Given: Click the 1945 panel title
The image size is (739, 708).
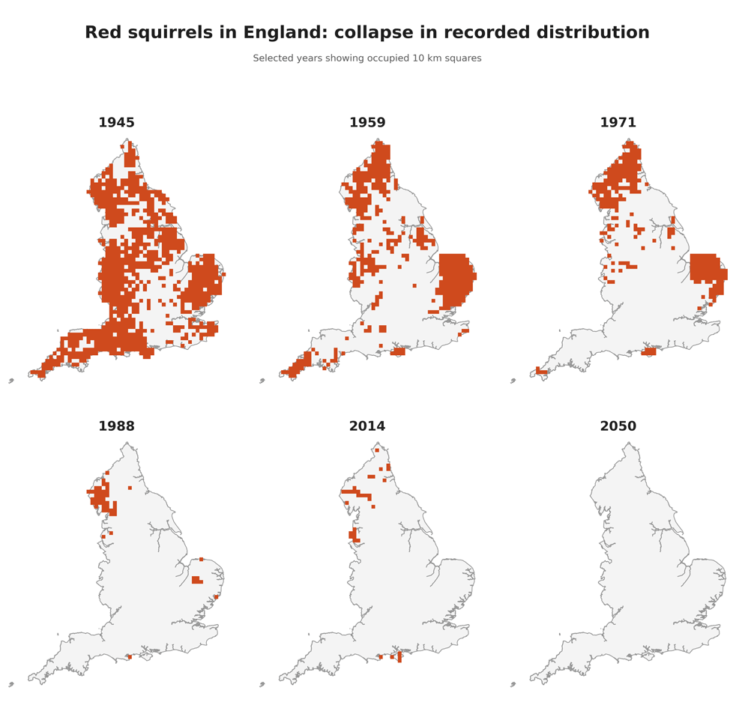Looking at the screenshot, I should pyautogui.click(x=116, y=123).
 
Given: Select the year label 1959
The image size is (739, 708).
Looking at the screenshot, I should pyautogui.click(x=367, y=123).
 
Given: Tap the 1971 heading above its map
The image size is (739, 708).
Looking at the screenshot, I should pyautogui.click(x=618, y=123).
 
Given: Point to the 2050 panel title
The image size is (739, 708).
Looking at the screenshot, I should pyautogui.click(x=618, y=426).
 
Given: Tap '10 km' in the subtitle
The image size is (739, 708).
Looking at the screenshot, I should pyautogui.click(x=425, y=58).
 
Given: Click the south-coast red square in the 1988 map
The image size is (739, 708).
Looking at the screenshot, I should pyautogui.click(x=129, y=657).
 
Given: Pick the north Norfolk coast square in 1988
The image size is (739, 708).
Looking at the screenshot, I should pyautogui.click(x=201, y=559).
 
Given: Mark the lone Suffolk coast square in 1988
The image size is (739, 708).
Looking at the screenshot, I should pyautogui.click(x=216, y=597).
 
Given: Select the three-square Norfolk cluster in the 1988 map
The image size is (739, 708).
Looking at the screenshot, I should pyautogui.click(x=196, y=580).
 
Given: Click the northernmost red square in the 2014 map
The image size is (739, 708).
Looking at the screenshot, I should pyautogui.click(x=377, y=450).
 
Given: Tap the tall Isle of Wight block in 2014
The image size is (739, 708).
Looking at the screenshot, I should pyautogui.click(x=399, y=656).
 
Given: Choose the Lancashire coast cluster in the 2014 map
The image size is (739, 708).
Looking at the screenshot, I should pyautogui.click(x=353, y=535).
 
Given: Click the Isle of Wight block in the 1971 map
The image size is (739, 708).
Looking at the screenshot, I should pyautogui.click(x=649, y=351).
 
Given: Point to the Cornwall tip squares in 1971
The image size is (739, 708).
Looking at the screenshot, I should pyautogui.click(x=541, y=371).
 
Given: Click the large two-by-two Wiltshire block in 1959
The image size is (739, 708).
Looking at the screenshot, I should pyautogui.click(x=382, y=329).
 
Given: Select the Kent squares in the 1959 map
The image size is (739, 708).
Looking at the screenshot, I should pyautogui.click(x=465, y=331).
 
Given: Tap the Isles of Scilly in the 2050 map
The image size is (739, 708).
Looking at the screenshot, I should pyautogui.click(x=513, y=684).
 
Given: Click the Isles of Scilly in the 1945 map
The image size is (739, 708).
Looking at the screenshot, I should pyautogui.click(x=11, y=381).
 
